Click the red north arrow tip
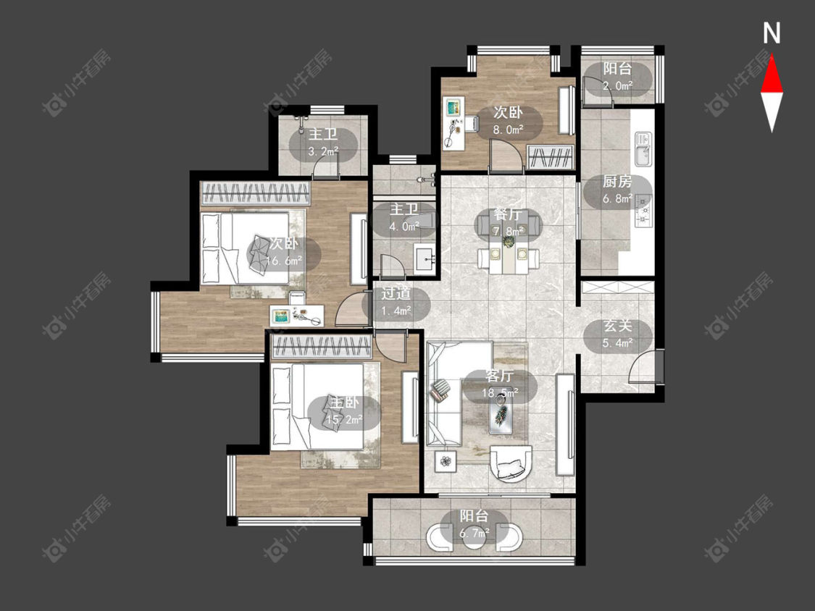click(x=772, y=54)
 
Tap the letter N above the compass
click(x=772, y=33)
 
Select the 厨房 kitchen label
click(x=617, y=182)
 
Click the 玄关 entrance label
click(x=618, y=326)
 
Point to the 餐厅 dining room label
click(x=508, y=214)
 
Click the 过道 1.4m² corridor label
click(x=396, y=302)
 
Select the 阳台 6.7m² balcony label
click(x=474, y=523)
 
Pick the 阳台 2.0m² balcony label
click(x=617, y=77)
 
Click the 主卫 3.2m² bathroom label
click(x=323, y=143)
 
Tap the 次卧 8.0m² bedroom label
click(x=508, y=121)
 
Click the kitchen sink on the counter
click(x=643, y=148)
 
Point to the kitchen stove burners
click(x=643, y=211)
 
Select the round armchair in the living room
click(x=511, y=463)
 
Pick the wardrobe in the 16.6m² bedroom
click(x=255, y=193)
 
